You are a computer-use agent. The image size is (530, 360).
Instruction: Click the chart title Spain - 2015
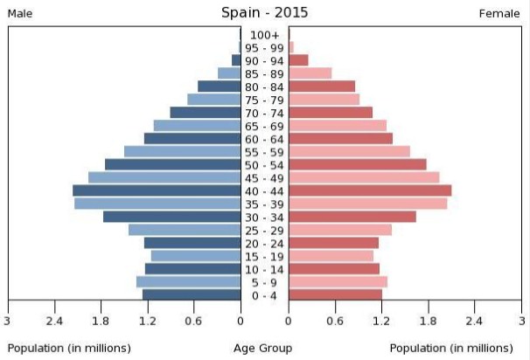click(x=264, y=12)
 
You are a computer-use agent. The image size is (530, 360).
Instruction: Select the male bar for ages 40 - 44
click(x=157, y=190)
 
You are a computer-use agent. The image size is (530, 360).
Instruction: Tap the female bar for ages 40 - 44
click(x=370, y=190)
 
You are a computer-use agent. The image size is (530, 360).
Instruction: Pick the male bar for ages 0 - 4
click(x=192, y=295)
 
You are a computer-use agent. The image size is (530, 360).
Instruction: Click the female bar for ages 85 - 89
click(x=310, y=73)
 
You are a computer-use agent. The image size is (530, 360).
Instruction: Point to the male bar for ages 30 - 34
click(x=172, y=217)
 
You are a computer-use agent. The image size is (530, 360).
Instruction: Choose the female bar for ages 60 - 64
click(x=340, y=138)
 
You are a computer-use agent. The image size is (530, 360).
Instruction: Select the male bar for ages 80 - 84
click(x=220, y=87)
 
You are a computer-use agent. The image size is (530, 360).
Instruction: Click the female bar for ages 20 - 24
click(x=333, y=243)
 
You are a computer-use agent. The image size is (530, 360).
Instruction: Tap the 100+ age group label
click(x=264, y=35)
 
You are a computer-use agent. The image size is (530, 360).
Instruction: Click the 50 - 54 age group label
click(x=264, y=165)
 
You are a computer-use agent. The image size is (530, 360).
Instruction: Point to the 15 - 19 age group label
click(x=264, y=256)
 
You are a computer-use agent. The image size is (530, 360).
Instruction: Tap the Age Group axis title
click(x=263, y=348)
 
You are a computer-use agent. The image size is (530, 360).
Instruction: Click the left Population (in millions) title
click(x=69, y=348)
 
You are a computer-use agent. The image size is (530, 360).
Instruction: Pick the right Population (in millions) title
click(x=451, y=348)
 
